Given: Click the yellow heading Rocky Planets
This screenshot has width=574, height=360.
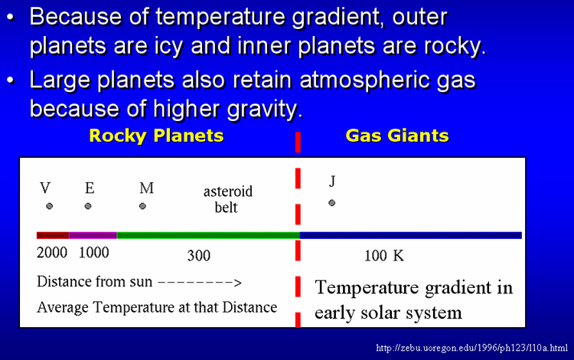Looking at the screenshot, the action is pyautogui.click(x=156, y=136).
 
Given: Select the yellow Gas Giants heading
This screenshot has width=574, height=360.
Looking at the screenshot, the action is pyautogui.click(x=397, y=136).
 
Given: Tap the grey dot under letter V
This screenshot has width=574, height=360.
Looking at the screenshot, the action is pyautogui.click(x=50, y=206).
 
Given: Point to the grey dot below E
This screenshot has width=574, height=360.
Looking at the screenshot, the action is pyautogui.click(x=88, y=206).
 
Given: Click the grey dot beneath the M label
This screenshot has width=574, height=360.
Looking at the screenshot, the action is pyautogui.click(x=143, y=206).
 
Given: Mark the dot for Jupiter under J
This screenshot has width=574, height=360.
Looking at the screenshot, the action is pyautogui.click(x=331, y=203).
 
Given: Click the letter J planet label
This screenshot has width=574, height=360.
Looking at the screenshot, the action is pyautogui.click(x=332, y=181).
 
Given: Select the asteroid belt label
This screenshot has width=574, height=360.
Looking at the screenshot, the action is pyautogui.click(x=228, y=199).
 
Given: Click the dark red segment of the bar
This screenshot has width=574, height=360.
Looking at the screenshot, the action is pyautogui.click(x=53, y=235).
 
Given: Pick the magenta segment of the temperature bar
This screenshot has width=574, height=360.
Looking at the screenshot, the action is pyautogui.click(x=93, y=235).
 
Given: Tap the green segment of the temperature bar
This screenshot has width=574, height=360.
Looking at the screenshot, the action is pyautogui.click(x=208, y=235).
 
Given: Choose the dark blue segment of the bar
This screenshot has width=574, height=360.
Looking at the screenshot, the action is pyautogui.click(x=411, y=235).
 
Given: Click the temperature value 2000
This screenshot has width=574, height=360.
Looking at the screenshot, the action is pyautogui.click(x=52, y=252).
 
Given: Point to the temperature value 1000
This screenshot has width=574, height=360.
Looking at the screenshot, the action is pyautogui.click(x=94, y=252).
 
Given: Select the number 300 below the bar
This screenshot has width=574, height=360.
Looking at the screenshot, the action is pyautogui.click(x=199, y=256).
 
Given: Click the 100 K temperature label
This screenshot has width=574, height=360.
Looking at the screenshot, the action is pyautogui.click(x=384, y=256).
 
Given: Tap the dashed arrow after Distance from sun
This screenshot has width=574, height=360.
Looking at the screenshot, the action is pyautogui.click(x=200, y=283).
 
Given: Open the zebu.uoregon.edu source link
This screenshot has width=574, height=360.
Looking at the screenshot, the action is pyautogui.click(x=472, y=348).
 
